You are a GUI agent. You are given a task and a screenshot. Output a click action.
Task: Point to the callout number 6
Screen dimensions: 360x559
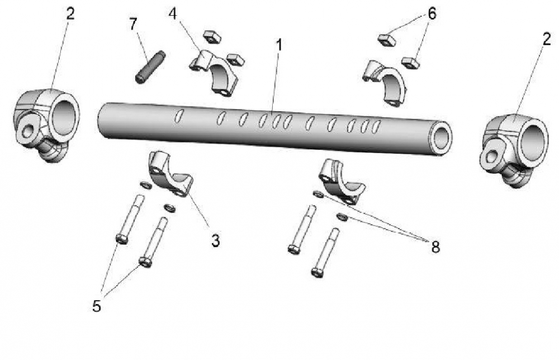[431, 13]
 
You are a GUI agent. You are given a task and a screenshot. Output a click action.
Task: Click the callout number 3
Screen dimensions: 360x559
[215, 240]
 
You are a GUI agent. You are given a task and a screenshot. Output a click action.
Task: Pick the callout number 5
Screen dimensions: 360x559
[97, 306]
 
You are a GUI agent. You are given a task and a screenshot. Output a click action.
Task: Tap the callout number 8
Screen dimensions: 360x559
[435, 247]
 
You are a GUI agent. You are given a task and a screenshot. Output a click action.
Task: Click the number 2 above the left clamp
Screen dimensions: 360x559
[70, 14]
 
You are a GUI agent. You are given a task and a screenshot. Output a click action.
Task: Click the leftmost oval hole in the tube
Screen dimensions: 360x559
[179, 116]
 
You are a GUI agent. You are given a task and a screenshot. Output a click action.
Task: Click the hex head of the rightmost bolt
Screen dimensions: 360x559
[316, 272]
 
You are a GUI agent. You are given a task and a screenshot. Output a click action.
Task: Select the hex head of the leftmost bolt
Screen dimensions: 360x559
[121, 239]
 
